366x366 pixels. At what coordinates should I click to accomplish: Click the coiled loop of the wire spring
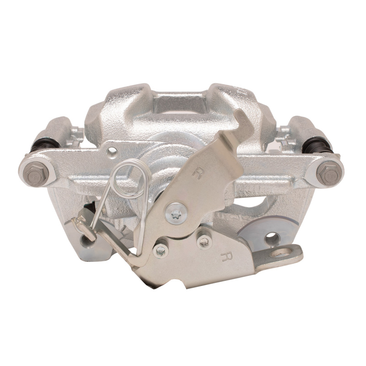[x=130, y=179]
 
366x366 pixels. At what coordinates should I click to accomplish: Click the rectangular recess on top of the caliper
[x=179, y=103]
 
